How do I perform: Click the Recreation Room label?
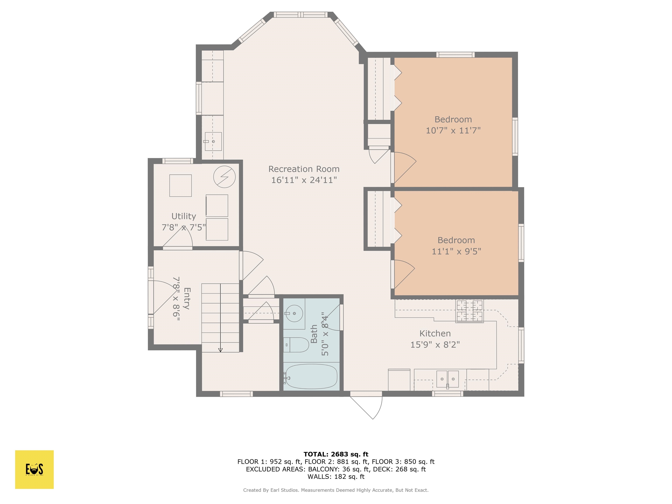pyautogui.click(x=304, y=169)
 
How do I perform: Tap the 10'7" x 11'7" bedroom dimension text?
pyautogui.click(x=453, y=131)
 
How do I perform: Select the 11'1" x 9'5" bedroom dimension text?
pyautogui.click(x=456, y=252)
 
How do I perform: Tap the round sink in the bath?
pyautogui.click(x=294, y=313)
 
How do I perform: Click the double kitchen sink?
pyautogui.click(x=448, y=379)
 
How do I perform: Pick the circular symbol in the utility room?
pyautogui.click(x=224, y=177)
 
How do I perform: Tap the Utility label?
pyautogui.click(x=184, y=216)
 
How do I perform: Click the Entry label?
pyautogui.click(x=187, y=298)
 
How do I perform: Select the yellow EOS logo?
pyautogui.click(x=34, y=469)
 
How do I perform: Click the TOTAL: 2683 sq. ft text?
pyautogui.click(x=336, y=454)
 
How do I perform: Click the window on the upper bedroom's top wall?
pyautogui.click(x=455, y=55)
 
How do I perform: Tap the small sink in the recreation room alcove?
pyautogui.click(x=213, y=142)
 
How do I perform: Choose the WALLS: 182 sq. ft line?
pyautogui.click(x=336, y=477)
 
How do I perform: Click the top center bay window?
pyautogui.click(x=301, y=15)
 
